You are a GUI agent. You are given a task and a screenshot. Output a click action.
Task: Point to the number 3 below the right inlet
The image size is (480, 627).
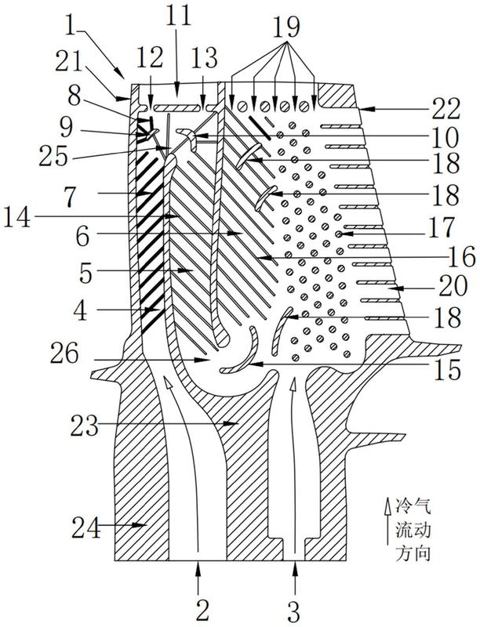(x=295, y=607)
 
